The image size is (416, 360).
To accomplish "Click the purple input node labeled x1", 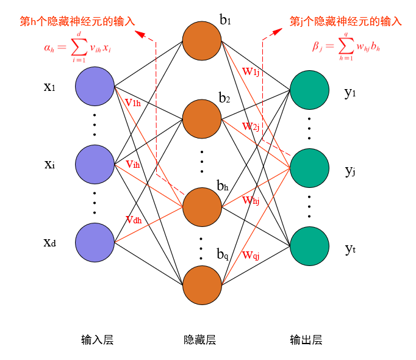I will tap(95, 86).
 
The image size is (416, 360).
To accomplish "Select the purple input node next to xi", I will tap(95, 164).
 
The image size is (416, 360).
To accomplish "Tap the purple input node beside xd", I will tap(95, 242).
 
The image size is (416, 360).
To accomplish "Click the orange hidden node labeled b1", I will tap(202, 41).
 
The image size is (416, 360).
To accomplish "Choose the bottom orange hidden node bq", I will tap(202, 284).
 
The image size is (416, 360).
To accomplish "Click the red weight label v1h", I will tap(132, 103).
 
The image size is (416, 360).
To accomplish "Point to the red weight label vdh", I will tap(134, 220).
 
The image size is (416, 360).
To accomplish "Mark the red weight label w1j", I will tap(251, 71).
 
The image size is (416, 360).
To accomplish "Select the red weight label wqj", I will tap(251, 254).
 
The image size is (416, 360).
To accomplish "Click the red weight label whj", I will tap(251, 200).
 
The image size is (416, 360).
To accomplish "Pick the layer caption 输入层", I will tap(97, 340).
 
